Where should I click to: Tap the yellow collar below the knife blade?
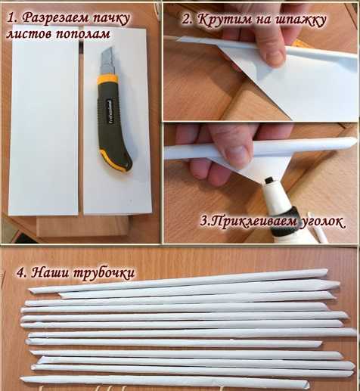(107, 79)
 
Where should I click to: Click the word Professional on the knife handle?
(110, 111)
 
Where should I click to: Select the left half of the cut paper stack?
(44, 120)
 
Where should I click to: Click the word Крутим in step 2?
(225, 19)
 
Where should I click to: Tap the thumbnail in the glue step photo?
(237, 154)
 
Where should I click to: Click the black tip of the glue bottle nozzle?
(269, 181)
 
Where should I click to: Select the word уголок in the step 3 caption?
(322, 222)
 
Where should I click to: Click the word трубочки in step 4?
(104, 274)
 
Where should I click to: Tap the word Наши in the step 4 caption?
(50, 272)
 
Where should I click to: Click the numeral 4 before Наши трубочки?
(21, 272)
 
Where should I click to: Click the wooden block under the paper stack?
(82, 226)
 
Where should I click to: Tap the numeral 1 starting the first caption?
(11, 18)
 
